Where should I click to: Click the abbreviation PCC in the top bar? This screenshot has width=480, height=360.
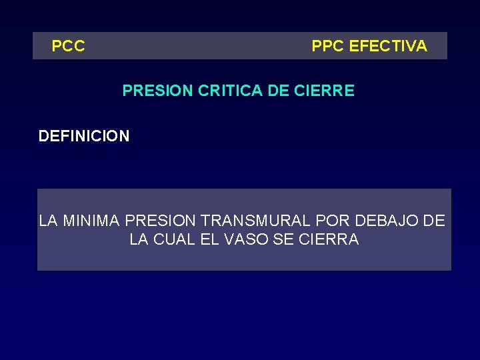click(x=69, y=47)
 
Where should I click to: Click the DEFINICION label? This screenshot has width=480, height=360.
click(x=84, y=137)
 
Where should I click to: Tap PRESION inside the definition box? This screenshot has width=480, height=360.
click(x=160, y=221)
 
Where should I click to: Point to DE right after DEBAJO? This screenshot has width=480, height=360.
click(x=434, y=221)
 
